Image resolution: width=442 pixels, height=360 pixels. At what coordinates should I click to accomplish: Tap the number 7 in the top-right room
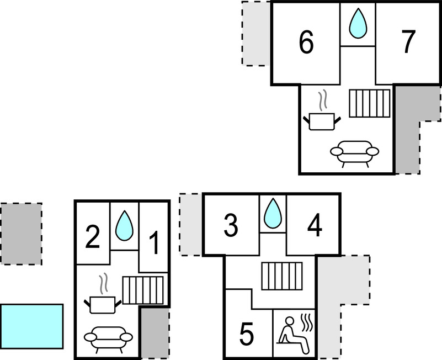[x=407, y=43]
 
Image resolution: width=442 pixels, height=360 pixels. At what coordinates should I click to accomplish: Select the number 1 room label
[x=155, y=243]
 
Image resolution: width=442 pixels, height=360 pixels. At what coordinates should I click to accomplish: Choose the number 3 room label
[x=231, y=225]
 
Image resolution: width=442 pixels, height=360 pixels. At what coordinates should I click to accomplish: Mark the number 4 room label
[x=315, y=225]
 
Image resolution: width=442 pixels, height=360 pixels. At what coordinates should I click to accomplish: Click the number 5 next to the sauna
[x=247, y=334]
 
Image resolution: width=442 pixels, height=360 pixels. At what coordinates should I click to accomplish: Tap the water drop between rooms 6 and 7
[x=358, y=24]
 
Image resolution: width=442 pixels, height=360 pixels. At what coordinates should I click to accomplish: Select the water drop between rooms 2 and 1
[x=124, y=226]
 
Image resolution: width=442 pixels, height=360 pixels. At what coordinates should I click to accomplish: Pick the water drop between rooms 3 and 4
[x=272, y=213]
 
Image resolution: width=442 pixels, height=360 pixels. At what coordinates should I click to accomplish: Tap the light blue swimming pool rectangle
[x=31, y=325]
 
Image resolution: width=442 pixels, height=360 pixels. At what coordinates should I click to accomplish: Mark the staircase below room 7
[x=370, y=104]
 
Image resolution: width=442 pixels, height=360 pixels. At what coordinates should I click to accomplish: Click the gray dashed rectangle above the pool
[x=21, y=234]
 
